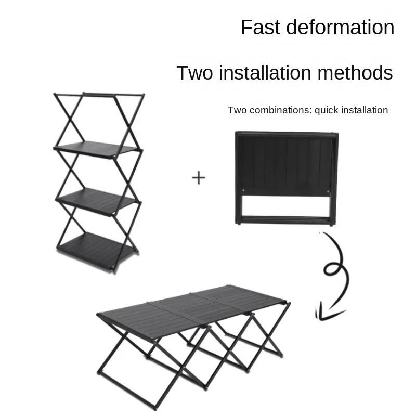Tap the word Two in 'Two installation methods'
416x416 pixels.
194,73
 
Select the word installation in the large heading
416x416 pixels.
270,73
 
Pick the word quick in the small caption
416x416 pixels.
327,110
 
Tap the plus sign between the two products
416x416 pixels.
199,178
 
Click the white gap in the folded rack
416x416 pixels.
286,206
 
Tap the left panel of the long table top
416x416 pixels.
140,318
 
